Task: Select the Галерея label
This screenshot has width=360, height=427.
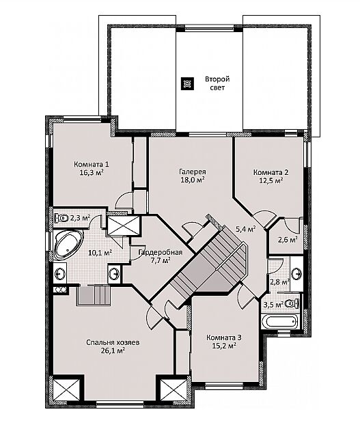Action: [x=193, y=172]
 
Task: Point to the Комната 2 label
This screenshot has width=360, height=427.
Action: [x=271, y=172]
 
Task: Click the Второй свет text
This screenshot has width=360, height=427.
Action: [x=217, y=83]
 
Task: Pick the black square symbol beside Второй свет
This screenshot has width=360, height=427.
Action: [x=188, y=83]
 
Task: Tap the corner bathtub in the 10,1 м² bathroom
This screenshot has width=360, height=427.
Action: [x=68, y=245]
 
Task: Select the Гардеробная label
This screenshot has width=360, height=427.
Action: [x=160, y=252]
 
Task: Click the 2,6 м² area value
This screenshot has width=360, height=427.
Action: [x=287, y=240]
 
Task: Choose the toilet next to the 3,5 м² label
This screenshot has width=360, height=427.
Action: [x=292, y=303]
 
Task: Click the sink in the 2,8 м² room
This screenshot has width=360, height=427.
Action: [x=296, y=273]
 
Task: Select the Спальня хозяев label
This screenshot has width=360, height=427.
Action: [x=113, y=342]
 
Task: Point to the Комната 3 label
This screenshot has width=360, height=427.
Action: [x=224, y=338]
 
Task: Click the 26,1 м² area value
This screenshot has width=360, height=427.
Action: [x=113, y=350]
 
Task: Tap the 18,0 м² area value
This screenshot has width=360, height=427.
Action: [x=193, y=180]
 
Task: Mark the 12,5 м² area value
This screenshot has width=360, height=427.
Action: [x=271, y=180]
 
